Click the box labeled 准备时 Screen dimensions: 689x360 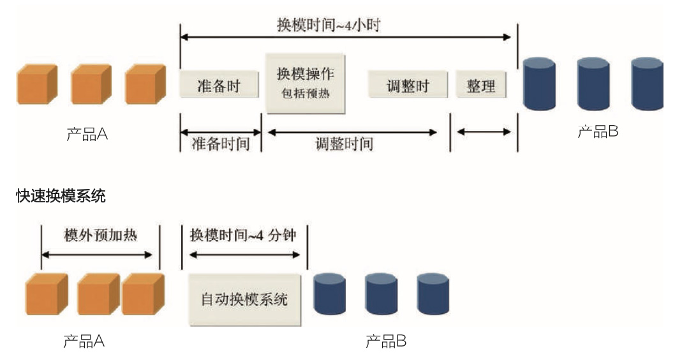pyautogui.click(x=219, y=84)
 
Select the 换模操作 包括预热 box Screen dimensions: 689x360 pyautogui.click(x=306, y=84)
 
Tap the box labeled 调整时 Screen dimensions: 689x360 pyautogui.click(x=408, y=84)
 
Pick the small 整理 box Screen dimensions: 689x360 pyautogui.click(x=481, y=84)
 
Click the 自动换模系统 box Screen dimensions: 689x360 pyautogui.click(x=245, y=300)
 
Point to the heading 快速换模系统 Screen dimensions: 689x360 pyautogui.click(x=61, y=196)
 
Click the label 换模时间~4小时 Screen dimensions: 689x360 pyautogui.click(x=329, y=25)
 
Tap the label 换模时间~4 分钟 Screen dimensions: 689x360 pyautogui.click(x=243, y=235)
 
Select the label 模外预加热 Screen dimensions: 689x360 pyautogui.click(x=101, y=235)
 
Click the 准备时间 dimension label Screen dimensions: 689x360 pyautogui.click(x=221, y=144)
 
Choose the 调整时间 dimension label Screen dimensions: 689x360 pyautogui.click(x=344, y=144)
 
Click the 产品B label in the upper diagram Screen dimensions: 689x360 pyautogui.click(x=598, y=131)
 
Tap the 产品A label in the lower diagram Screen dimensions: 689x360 pyautogui.click(x=84, y=341)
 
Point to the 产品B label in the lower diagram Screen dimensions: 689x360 pyautogui.click(x=386, y=341)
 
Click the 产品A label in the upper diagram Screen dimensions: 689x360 pyautogui.click(x=87, y=133)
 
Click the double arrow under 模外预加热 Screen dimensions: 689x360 pyautogui.click(x=97, y=255)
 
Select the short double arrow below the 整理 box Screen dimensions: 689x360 pyautogui.click(x=484, y=131)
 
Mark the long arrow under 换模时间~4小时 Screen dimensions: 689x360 pyautogui.click(x=345, y=37)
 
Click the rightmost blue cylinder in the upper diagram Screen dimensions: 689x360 pyautogui.click(x=647, y=84)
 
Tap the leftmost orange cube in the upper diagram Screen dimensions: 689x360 pyautogui.click(x=37, y=84)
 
